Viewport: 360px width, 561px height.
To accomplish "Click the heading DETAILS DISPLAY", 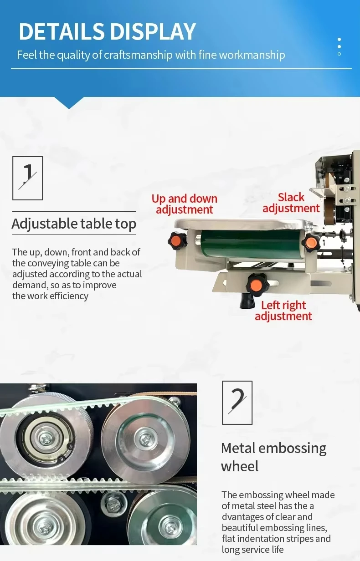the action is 107,31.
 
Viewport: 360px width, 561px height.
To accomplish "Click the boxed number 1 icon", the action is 28,178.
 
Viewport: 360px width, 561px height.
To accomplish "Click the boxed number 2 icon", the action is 237,403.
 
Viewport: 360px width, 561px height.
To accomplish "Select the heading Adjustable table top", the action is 74,224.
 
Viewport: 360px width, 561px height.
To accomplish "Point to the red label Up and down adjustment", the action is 184,204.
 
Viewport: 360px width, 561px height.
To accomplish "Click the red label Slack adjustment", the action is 291,203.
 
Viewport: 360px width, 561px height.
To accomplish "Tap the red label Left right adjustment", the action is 283,311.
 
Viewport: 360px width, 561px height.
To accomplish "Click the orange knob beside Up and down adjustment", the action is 177,241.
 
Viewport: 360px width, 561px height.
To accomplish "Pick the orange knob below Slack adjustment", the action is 311,242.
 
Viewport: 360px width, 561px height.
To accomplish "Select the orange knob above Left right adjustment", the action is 256,284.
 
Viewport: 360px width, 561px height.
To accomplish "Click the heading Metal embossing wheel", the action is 274,457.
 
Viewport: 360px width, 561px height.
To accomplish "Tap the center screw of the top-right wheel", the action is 146,439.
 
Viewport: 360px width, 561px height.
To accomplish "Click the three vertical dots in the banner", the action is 339,46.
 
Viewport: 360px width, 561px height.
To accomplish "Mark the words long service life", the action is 253,550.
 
